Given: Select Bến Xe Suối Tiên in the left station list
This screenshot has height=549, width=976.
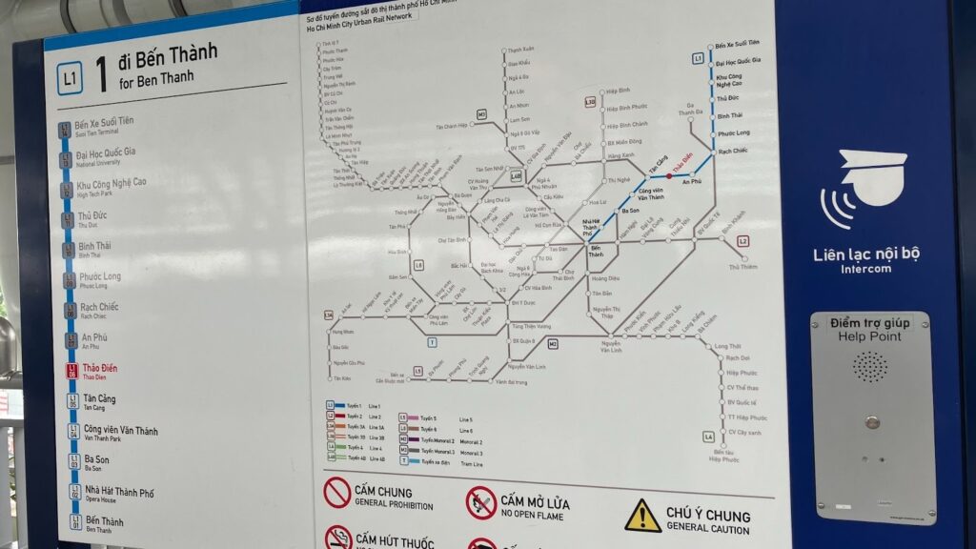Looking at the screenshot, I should (x=104, y=123).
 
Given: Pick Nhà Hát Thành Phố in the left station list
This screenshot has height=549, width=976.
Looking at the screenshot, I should (x=118, y=493).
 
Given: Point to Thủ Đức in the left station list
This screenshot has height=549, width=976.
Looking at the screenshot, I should (x=92, y=216).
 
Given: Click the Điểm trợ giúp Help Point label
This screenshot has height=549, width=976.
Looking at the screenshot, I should (x=869, y=329).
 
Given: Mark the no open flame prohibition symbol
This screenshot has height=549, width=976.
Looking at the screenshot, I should (x=480, y=502).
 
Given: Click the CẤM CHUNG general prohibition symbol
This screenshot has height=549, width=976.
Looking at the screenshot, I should (x=337, y=492).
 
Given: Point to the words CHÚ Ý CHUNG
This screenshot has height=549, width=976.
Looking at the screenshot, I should (x=708, y=515).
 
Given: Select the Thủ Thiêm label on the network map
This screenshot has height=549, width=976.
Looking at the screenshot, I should (x=742, y=268).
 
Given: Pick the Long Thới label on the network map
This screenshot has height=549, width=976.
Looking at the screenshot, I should (x=727, y=346).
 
